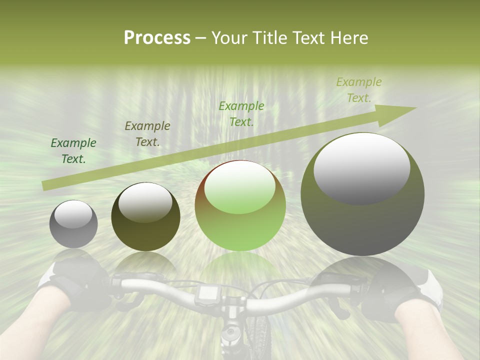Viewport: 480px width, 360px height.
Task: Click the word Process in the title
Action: point(157,38)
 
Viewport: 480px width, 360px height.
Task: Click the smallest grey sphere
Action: point(73,224)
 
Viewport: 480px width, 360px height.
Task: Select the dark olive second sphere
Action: point(145,216)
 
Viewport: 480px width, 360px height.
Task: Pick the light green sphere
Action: point(240,205)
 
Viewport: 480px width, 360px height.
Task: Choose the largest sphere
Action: point(362,194)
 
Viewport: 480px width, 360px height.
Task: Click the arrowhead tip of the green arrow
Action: point(415,108)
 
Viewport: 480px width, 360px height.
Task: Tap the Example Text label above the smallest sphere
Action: point(73,151)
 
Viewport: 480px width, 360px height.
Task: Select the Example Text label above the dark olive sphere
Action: point(147,134)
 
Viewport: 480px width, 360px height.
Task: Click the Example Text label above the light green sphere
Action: point(241,114)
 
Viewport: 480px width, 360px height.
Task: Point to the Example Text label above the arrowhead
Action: point(359,90)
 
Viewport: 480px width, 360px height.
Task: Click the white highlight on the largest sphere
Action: point(361,167)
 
